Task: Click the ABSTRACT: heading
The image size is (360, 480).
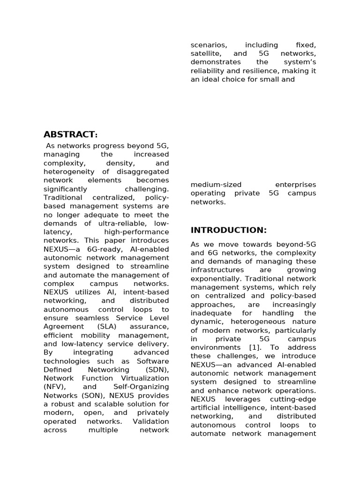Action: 71,135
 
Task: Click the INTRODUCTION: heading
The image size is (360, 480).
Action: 228,230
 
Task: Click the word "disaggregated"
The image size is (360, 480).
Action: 143,172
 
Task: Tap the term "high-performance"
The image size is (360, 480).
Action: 136,232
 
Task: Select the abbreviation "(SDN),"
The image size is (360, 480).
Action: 153,370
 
